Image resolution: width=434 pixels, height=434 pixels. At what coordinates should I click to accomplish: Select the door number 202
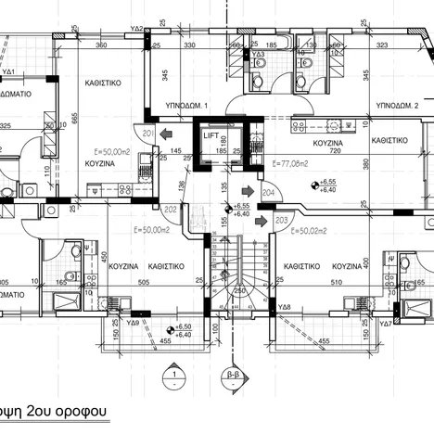pyautogui.click(x=170, y=210)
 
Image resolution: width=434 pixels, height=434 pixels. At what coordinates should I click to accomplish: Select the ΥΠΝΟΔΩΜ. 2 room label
pyautogui.click(x=391, y=106)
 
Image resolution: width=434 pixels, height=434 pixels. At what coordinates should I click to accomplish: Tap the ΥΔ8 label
pyautogui.click(x=285, y=307)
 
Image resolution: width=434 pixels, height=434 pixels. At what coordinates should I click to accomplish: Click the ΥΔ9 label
pyautogui.click(x=132, y=324)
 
